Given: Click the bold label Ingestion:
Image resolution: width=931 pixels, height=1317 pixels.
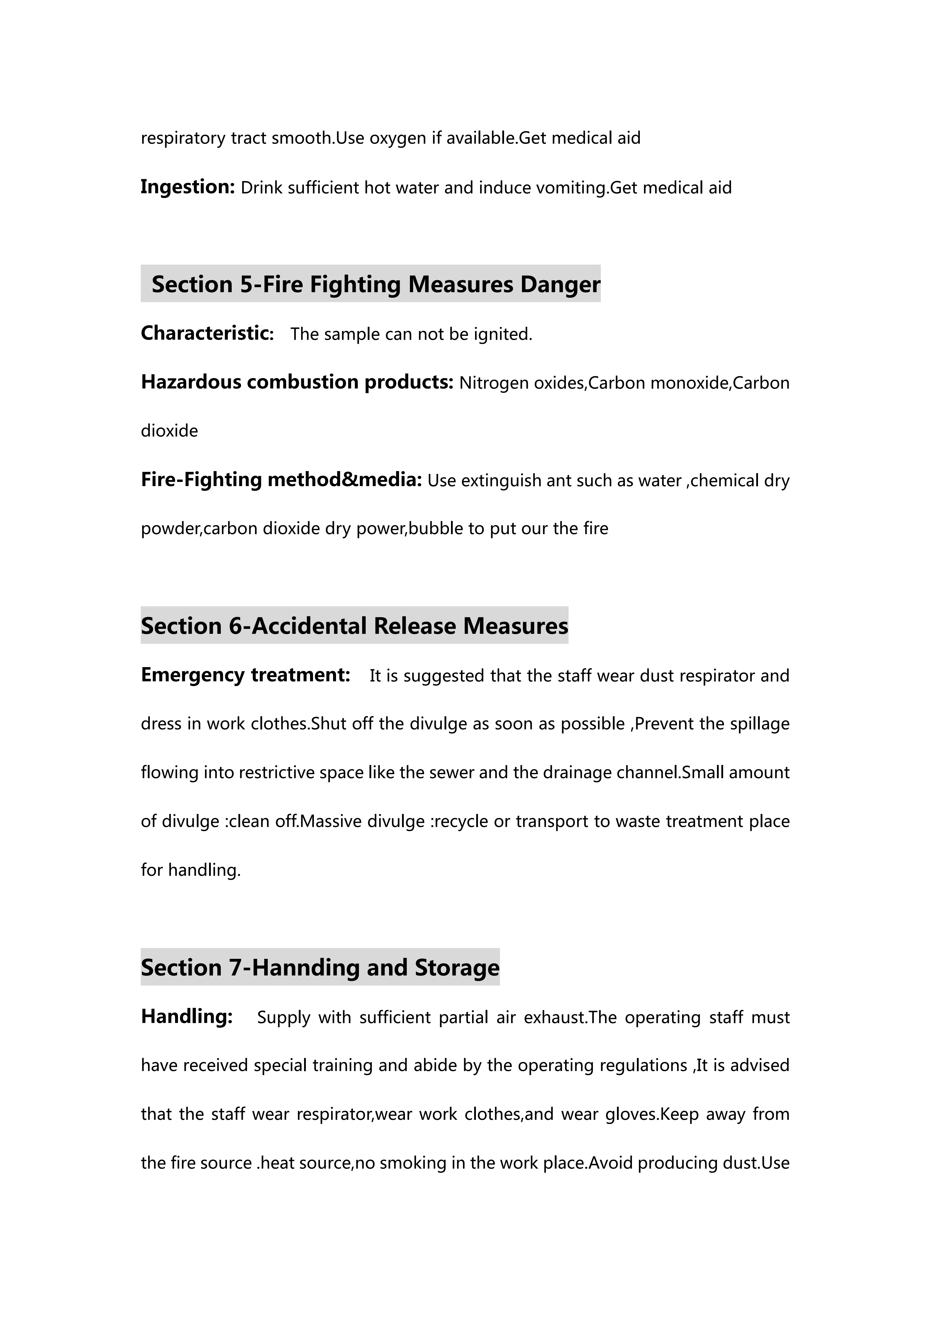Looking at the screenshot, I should pos(187,187).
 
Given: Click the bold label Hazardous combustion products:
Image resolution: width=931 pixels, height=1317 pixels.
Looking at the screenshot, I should pos(297,382).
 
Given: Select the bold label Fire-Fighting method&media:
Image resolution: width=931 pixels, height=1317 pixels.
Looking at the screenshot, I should pos(281,480).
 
